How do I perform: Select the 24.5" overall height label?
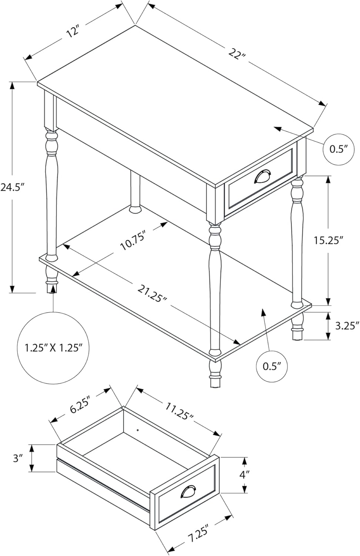pos(12,188)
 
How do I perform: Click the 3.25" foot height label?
pos(347,326)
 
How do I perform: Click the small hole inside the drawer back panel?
pos(137,430)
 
